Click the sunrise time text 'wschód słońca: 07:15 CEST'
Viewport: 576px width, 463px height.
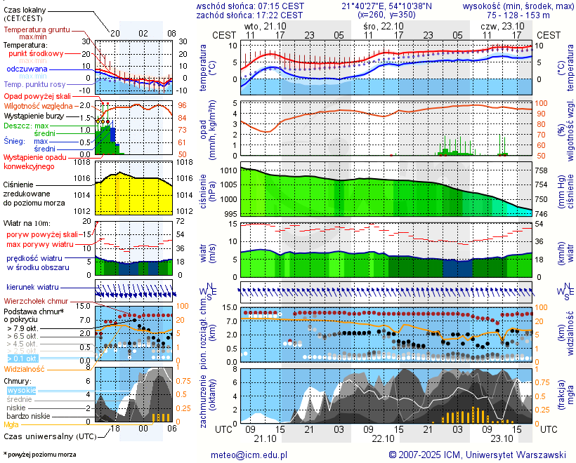(x=249, y=6)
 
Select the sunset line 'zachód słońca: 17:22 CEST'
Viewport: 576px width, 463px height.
(x=249, y=15)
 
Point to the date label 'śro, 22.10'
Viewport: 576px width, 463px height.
(x=383, y=25)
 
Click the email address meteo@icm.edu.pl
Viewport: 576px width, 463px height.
(x=249, y=455)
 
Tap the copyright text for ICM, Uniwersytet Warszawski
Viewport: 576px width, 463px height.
(x=477, y=455)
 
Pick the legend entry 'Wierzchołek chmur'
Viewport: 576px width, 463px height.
(x=35, y=301)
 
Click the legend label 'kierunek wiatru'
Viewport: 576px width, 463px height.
(x=32, y=288)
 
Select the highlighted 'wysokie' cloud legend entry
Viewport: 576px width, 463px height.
(x=20, y=390)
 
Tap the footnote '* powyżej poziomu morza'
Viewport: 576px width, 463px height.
(x=39, y=455)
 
